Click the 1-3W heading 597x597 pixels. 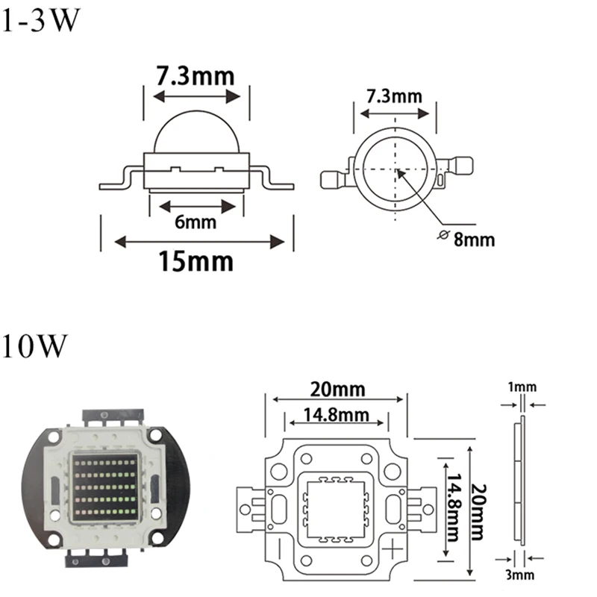pyautogui.click(x=41, y=20)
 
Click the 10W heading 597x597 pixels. pyautogui.click(x=34, y=346)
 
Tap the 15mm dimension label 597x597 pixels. pyautogui.click(x=196, y=262)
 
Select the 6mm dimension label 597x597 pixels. pyautogui.click(x=196, y=222)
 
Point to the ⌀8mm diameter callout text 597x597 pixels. pyautogui.click(x=466, y=239)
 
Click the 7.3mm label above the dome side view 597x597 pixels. pyautogui.click(x=196, y=76)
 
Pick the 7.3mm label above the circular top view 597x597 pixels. pyautogui.click(x=395, y=96)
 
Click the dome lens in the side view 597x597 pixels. pyautogui.click(x=197, y=131)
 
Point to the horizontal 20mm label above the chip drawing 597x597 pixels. pyautogui.click(x=338, y=390)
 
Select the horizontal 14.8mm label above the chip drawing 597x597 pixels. pyautogui.click(x=337, y=415)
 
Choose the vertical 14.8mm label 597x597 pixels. pyautogui.click(x=454, y=507)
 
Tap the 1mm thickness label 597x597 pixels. pyautogui.click(x=522, y=387)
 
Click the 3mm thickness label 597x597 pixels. pyautogui.click(x=519, y=575)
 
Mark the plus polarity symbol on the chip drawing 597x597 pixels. pyautogui.click(x=393, y=550)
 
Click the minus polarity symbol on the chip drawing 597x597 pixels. pyautogui.click(x=280, y=549)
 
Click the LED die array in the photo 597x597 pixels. pyautogui.click(x=105, y=487)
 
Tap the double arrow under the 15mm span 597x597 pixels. pyautogui.click(x=199, y=241)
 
